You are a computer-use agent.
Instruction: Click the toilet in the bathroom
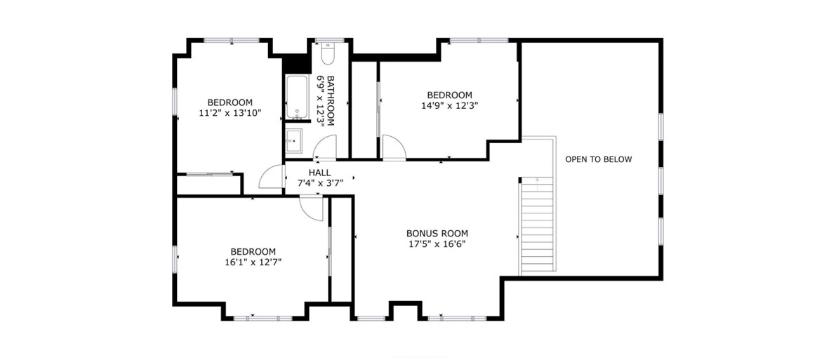click(328, 55)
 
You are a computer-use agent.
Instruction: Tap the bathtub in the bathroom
click(296, 97)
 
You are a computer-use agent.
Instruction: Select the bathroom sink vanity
click(293, 141)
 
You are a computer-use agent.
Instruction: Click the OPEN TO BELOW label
click(598, 159)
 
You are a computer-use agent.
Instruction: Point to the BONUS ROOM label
click(437, 233)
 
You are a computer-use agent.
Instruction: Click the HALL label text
click(320, 173)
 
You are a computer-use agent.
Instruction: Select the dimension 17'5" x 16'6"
click(437, 244)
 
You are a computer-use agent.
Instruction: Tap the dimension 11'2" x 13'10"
click(230, 113)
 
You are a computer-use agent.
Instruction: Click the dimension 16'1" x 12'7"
click(253, 262)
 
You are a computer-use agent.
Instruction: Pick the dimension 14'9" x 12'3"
click(449, 105)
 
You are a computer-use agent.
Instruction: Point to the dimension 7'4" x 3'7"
click(320, 183)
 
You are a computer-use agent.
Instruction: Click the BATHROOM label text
click(331, 100)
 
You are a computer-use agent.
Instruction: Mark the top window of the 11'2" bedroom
click(232, 40)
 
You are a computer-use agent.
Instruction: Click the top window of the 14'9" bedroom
click(479, 40)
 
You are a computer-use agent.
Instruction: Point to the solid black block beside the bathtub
click(296, 62)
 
